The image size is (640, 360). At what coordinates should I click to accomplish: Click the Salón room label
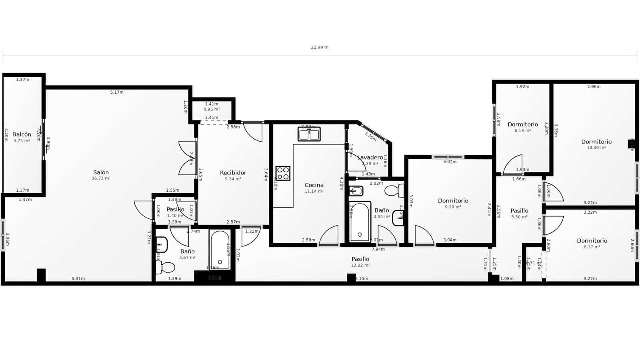(101, 172)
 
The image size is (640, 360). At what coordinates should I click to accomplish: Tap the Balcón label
(22, 134)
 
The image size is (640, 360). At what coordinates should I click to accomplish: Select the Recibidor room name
(233, 173)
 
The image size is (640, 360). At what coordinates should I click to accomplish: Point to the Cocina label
(314, 185)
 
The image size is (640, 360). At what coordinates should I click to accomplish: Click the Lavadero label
(370, 157)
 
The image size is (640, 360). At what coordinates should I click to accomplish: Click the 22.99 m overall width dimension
(320, 47)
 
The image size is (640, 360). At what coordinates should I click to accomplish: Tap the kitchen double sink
(309, 134)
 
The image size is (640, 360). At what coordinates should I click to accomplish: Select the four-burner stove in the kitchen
(283, 173)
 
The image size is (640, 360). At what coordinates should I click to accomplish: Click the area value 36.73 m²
(101, 178)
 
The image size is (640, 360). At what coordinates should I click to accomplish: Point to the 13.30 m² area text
(596, 148)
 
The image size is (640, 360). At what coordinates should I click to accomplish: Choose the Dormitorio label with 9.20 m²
(453, 201)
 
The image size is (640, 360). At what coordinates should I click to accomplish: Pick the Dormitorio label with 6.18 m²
(522, 124)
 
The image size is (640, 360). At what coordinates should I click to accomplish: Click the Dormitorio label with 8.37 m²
(592, 241)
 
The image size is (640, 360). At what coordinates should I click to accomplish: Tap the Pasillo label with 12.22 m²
(360, 259)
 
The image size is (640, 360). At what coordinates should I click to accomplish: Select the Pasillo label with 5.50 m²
(519, 211)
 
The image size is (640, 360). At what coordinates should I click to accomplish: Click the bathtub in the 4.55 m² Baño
(360, 222)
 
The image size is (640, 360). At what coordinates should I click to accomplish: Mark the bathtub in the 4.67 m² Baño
(220, 250)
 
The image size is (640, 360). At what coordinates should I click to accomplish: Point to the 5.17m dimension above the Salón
(117, 92)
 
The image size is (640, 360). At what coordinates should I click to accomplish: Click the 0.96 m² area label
(212, 109)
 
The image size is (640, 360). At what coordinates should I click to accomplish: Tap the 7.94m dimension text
(378, 249)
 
